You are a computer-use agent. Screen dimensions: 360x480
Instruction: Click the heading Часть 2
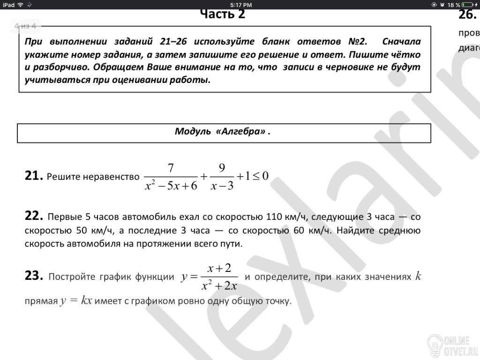(x=222, y=14)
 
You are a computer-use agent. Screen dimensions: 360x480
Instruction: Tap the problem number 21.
(x=34, y=176)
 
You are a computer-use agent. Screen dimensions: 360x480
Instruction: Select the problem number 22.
(x=34, y=216)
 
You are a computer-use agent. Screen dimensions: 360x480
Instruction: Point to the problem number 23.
(x=34, y=276)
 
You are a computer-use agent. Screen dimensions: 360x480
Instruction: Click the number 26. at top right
(x=467, y=14)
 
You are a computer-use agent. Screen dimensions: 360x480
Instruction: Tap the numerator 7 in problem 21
(x=171, y=168)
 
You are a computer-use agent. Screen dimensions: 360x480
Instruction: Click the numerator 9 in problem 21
(x=222, y=168)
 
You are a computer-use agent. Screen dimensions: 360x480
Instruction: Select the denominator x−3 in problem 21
(x=222, y=186)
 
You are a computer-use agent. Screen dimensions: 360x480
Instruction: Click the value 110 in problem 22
(x=275, y=217)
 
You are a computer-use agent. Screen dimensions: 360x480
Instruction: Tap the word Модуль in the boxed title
(x=193, y=131)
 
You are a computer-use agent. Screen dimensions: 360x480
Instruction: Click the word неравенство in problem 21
(x=111, y=177)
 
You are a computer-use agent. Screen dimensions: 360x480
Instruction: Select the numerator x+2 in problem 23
(x=220, y=268)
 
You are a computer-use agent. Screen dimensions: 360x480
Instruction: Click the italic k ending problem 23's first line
(x=418, y=276)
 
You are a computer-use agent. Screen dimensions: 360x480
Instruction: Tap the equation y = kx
(x=76, y=300)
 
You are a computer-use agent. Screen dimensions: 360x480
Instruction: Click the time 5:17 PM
(x=241, y=5)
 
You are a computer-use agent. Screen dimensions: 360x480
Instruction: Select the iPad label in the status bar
(x=8, y=5)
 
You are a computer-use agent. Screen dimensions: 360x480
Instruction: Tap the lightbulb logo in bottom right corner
(x=434, y=345)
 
